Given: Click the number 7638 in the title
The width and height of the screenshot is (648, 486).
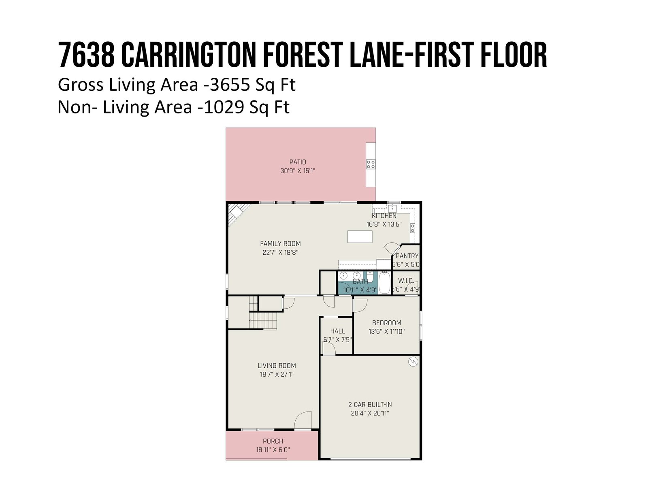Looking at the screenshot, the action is pos(86,55).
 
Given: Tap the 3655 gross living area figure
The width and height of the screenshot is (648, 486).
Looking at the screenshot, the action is pos(230,85).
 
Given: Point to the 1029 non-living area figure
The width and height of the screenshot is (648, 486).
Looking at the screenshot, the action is pos(224,107).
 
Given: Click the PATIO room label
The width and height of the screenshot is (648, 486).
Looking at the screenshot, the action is pos(298,162).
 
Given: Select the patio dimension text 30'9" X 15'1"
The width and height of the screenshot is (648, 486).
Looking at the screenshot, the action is pos(298,171).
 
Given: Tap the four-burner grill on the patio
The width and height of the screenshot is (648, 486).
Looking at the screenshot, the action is pos(371,164).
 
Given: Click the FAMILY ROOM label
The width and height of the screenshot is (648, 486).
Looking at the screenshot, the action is pos(280,244).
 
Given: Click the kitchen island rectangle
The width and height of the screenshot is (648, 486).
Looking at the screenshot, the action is pos(360,237).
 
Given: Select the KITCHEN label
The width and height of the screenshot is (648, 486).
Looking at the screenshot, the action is pos(384,216).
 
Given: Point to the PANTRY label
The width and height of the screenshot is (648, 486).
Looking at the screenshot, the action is pos(407,256).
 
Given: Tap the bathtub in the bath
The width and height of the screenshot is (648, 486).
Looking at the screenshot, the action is pos(384,283).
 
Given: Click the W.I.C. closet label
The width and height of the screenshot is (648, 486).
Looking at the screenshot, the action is pos(405,281).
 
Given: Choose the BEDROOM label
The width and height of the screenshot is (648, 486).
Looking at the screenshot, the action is pos(386,323).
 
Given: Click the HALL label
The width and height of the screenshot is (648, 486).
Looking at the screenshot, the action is pos(337,331).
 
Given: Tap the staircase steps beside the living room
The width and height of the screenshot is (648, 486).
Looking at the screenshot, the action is pos(263,321).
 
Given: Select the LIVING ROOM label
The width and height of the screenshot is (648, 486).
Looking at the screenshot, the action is pos(277,366).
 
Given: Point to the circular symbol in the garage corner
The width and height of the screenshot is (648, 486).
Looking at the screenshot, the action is pos(413,362).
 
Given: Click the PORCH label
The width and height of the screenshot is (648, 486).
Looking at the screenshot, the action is pos(273,441).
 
